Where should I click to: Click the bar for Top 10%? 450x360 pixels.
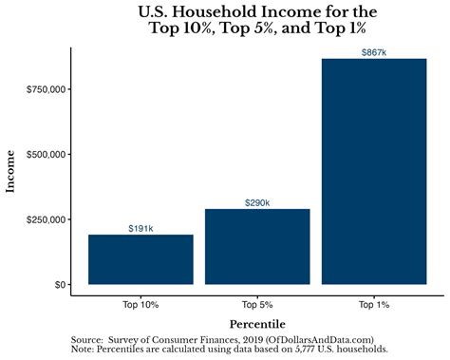(x=141, y=259)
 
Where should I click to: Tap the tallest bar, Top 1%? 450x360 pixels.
(x=374, y=171)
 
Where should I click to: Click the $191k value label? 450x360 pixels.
(x=141, y=228)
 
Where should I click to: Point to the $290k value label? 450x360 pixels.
(x=257, y=202)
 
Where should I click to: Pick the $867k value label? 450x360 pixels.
(x=374, y=52)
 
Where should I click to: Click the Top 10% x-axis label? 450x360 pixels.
(x=141, y=305)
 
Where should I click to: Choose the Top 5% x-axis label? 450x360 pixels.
(x=257, y=305)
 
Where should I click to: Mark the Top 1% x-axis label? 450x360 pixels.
(x=374, y=305)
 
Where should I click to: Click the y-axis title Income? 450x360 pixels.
(x=12, y=171)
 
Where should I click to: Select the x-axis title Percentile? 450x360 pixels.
(x=257, y=324)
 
